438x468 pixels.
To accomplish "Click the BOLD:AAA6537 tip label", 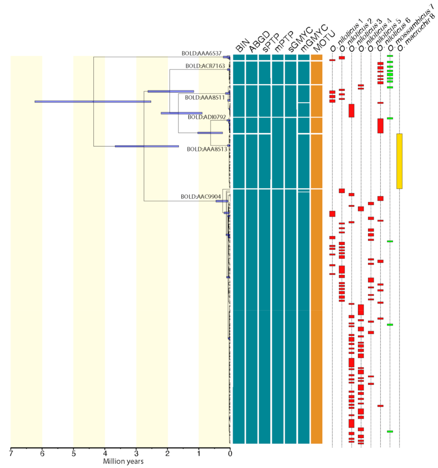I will pos(202,53).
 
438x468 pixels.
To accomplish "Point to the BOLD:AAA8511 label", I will pos(205,97).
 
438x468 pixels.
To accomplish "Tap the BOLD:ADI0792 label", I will pos(207,117).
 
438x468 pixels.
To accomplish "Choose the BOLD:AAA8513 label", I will pos(206,149).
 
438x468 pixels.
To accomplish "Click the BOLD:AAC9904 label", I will pos(201,196).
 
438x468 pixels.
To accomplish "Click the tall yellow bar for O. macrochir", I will pos(399,161).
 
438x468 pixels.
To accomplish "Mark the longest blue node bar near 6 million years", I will pos(92,101).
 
